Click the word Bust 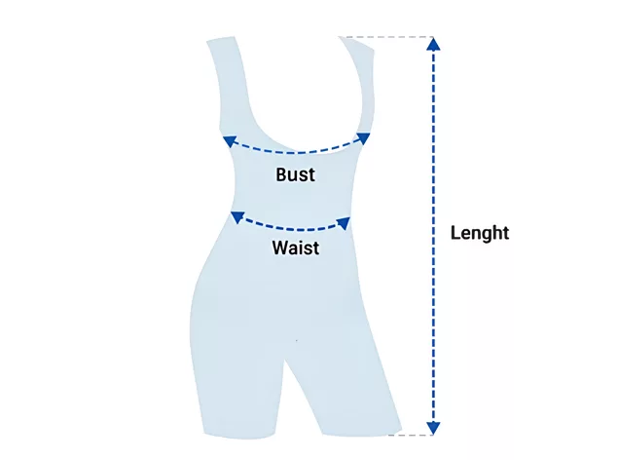tap(295, 174)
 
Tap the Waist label tap(296, 248)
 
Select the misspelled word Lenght tap(480, 233)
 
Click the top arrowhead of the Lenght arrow tap(433, 44)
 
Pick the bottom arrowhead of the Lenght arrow tap(433, 428)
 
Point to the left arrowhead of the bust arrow tap(230, 141)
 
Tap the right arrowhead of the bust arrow tap(363, 138)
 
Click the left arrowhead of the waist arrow tap(237, 217)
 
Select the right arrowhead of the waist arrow tap(344, 223)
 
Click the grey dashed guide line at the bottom tap(411, 435)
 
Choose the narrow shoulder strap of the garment tap(361, 79)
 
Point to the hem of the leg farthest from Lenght tap(240, 436)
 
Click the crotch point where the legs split tap(284, 360)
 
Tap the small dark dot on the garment tap(297, 340)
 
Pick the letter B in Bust tap(280, 174)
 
